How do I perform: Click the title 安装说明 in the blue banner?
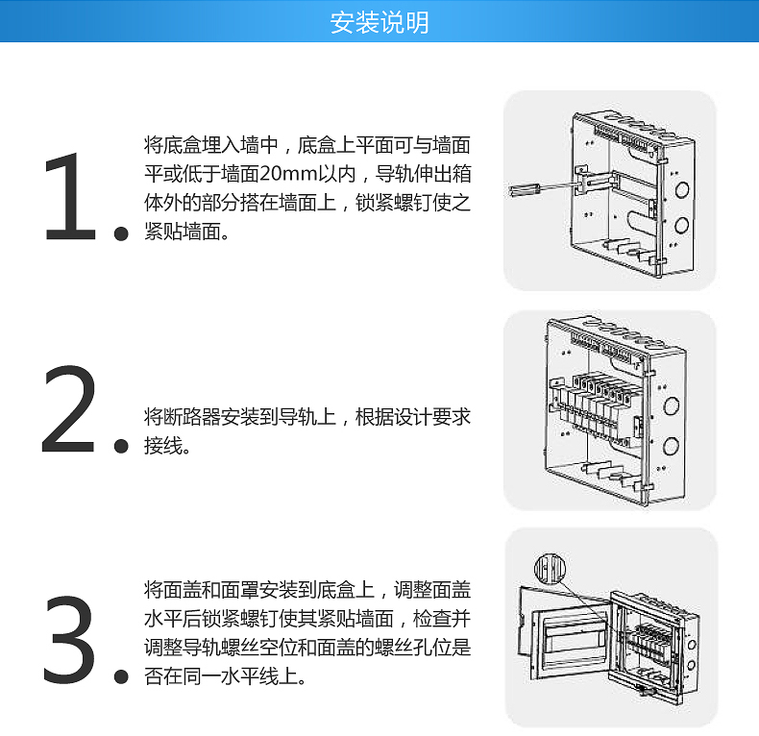(379, 23)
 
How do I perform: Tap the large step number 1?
(71, 197)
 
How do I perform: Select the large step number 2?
(69, 409)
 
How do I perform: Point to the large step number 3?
(69, 639)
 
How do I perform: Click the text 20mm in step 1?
(288, 174)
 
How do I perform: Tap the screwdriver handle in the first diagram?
(525, 189)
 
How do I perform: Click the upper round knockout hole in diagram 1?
(681, 189)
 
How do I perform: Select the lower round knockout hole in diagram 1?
(681, 226)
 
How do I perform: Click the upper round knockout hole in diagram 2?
(671, 405)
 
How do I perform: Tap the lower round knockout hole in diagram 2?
(671, 445)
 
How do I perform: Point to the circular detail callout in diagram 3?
(550, 568)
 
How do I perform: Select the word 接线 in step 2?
(163, 446)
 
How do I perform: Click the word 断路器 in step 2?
(192, 417)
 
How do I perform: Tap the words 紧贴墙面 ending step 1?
(183, 232)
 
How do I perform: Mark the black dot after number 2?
(121, 446)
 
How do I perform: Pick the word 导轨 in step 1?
(394, 174)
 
